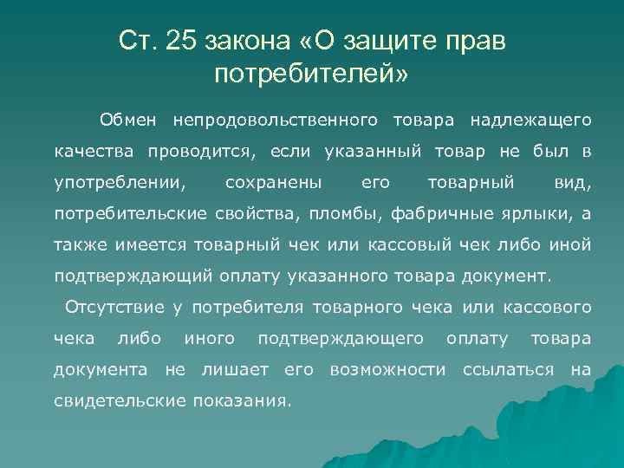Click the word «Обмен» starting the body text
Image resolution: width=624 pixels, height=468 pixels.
tap(127, 118)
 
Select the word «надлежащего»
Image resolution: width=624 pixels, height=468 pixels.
tap(530, 118)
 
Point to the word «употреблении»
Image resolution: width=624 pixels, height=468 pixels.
tap(119, 183)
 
